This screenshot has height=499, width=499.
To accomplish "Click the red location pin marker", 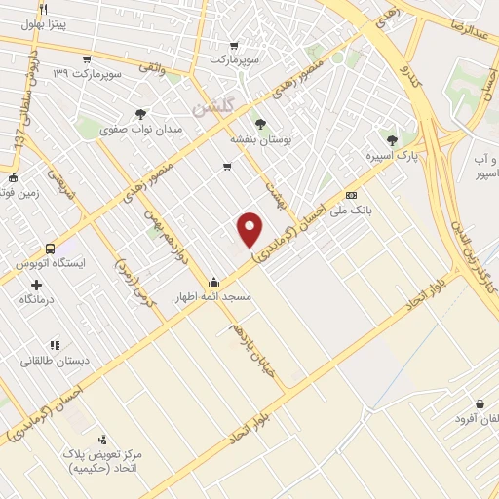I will tap(250, 228).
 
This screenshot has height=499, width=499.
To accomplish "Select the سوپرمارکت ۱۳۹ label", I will tap(88, 73).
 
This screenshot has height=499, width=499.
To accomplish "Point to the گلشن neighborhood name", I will tap(213, 110).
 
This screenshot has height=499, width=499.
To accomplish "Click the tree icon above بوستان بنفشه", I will tap(259, 123).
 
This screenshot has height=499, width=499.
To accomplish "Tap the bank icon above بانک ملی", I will tap(351, 195).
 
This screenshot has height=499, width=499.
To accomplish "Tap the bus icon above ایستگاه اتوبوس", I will tap(51, 249).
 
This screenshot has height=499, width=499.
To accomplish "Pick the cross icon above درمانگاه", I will tap(37, 285).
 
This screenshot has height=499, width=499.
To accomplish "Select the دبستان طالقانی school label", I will tap(56, 360).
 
